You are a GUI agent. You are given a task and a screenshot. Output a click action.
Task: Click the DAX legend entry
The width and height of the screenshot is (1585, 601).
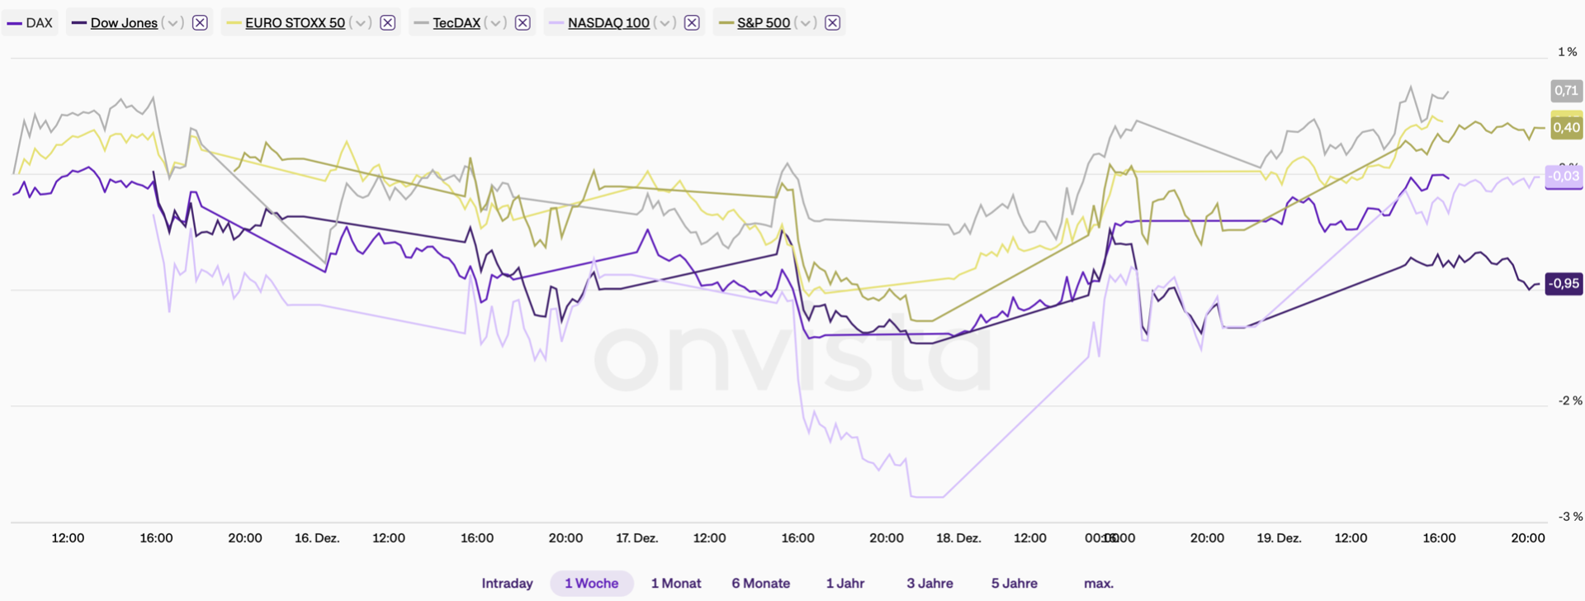click(31, 23)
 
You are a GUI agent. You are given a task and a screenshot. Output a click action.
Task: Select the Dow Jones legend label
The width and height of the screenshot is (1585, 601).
click(124, 23)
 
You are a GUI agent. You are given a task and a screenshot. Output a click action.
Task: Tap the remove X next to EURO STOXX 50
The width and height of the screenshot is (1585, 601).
click(387, 23)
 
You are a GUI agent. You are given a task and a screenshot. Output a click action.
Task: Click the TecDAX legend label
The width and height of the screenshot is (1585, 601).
click(456, 23)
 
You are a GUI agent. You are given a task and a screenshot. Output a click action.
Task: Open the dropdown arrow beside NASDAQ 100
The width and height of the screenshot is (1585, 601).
click(665, 23)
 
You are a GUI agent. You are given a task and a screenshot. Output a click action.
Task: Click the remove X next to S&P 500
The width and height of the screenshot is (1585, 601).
click(832, 23)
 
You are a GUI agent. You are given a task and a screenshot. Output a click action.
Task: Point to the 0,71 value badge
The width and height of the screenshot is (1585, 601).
click(1565, 91)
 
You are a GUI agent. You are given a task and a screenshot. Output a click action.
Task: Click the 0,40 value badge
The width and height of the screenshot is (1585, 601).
click(1566, 127)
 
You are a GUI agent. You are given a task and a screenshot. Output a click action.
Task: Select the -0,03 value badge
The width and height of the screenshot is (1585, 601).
click(1564, 176)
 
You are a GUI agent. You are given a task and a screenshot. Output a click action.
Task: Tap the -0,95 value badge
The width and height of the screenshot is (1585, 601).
click(1564, 283)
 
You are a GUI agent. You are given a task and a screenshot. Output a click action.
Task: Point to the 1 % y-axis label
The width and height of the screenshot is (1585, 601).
click(1567, 52)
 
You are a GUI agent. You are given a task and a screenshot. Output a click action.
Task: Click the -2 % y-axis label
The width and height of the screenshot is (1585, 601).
click(1569, 400)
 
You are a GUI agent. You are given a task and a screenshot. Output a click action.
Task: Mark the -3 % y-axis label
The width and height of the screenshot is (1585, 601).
click(1569, 517)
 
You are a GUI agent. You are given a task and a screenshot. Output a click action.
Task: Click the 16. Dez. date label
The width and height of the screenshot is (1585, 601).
click(317, 538)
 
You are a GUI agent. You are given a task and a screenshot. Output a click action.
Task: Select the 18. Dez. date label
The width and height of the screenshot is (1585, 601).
click(958, 538)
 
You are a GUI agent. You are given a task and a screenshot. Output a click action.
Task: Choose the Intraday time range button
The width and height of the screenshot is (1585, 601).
click(507, 584)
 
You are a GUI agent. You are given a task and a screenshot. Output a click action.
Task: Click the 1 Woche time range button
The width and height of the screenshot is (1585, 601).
click(591, 584)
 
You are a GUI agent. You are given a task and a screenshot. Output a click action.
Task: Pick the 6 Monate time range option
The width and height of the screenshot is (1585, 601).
click(760, 584)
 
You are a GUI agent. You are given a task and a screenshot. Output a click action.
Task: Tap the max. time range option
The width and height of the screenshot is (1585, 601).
click(1098, 584)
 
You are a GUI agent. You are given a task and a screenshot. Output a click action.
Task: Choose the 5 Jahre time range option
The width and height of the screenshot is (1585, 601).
click(1014, 584)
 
